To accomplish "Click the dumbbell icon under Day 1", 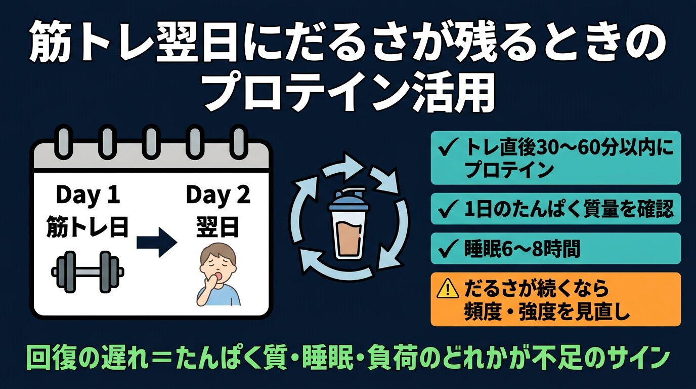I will click(x=88, y=272).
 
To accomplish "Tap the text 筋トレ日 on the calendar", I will click(x=88, y=227).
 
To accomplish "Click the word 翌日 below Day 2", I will click(x=217, y=227).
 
